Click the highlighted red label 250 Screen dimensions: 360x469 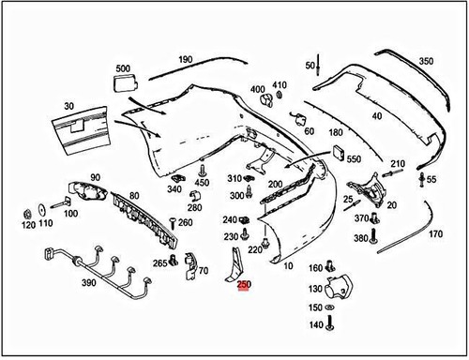pos(244,285)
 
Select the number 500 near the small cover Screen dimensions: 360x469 pos(123,68)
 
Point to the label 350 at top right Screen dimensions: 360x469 pos(426,61)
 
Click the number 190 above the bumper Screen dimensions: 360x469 pos(185,59)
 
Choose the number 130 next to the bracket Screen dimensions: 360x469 pos(315,289)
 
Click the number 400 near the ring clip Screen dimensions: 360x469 pos(257,90)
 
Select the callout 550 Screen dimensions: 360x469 pos(353,159)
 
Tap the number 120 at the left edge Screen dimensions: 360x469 pos(27,226)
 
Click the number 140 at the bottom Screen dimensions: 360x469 pos(315,324)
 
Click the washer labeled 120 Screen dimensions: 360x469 pos(44,208)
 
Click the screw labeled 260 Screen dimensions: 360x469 pos(173,221)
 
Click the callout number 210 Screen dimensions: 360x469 pos(397,163)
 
